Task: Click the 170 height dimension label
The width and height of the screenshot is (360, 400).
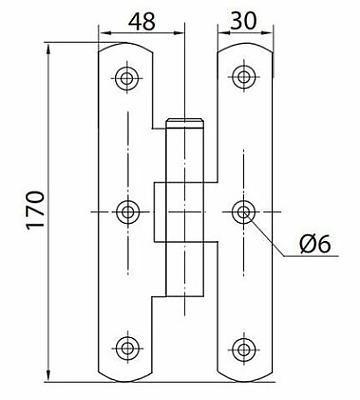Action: pyautogui.click(x=35, y=209)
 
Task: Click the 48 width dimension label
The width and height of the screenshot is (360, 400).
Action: pyautogui.click(x=142, y=22)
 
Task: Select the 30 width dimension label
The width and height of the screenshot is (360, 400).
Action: pyautogui.click(x=243, y=21)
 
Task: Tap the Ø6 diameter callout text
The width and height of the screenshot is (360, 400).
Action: pyautogui.click(x=315, y=244)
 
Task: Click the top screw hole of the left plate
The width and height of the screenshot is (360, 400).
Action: pyautogui.click(x=127, y=78)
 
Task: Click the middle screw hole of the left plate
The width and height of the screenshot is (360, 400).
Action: pyautogui.click(x=128, y=212)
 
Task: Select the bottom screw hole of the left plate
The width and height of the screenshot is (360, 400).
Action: pyautogui.click(x=126, y=348)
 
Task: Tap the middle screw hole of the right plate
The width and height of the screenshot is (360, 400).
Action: pyautogui.click(x=244, y=212)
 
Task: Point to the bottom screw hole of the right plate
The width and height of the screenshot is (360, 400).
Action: pyautogui.click(x=244, y=349)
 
